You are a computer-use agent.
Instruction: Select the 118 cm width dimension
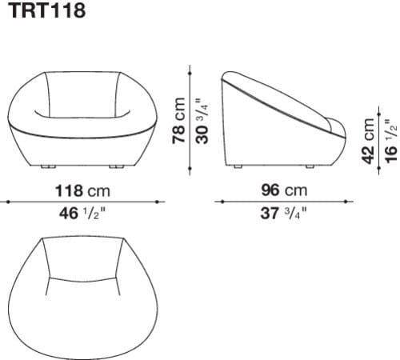[82, 191]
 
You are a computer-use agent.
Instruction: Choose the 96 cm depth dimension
[284, 191]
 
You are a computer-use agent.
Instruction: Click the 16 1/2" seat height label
[390, 141]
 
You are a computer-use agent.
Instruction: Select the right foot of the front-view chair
[118, 166]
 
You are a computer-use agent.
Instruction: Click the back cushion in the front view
[82, 98]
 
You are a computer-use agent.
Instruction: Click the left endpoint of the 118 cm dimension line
[9, 202]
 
